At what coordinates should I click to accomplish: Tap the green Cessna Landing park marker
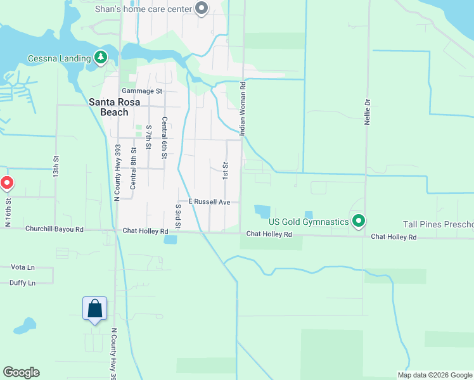coord(100,58)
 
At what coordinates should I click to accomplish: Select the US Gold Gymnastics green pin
coord(359,221)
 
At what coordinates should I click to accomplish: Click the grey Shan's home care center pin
coord(202,9)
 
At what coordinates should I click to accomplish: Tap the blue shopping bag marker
coord(94,308)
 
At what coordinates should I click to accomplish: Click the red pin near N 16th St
coord(7,184)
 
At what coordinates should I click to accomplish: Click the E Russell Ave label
coord(208,203)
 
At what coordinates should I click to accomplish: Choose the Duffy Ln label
coord(23,283)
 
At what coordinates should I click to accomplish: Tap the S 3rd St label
coord(178,217)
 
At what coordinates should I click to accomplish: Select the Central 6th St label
coord(164,134)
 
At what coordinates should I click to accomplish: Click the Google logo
coord(21,372)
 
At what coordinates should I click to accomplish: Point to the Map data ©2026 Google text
coord(434,375)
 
